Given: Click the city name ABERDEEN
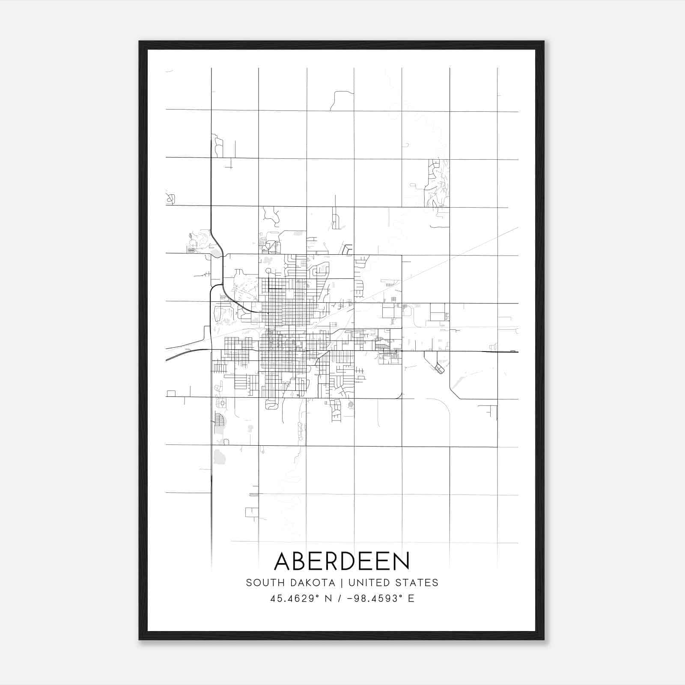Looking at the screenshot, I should pyautogui.click(x=342, y=561).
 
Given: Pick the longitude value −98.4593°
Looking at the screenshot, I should pyautogui.click(x=374, y=599).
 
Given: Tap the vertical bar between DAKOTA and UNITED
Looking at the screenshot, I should pyautogui.click(x=342, y=583).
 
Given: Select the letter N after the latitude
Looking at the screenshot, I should pyautogui.click(x=329, y=599).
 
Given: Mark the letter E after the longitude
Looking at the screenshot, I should pyautogui.click(x=411, y=599).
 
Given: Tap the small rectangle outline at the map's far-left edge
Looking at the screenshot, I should pyautogui.click(x=171, y=393).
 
